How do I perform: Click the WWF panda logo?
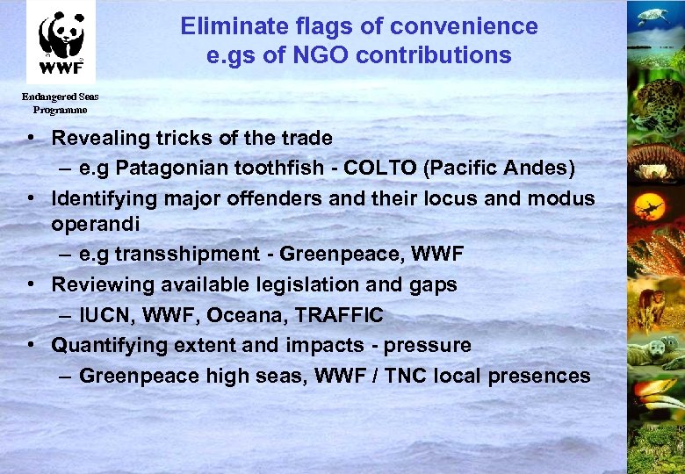coord(61,41)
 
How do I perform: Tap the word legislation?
coord(293,284)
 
